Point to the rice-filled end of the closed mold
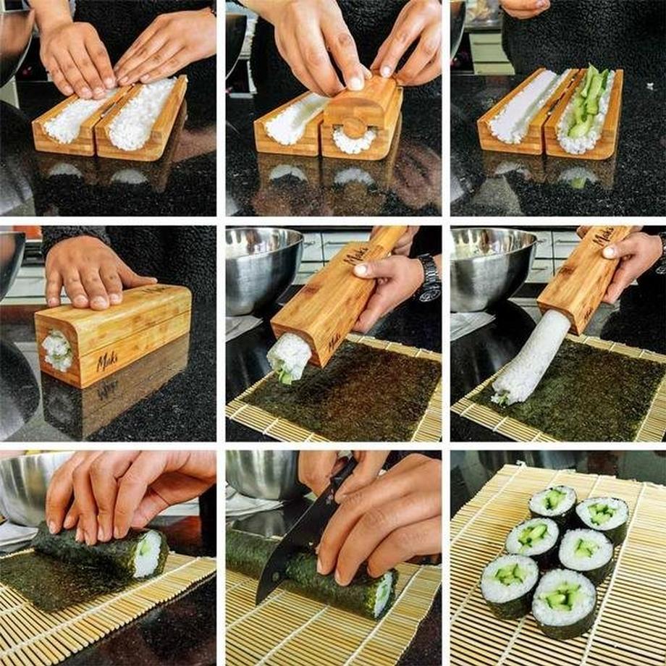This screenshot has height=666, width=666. point(56,351)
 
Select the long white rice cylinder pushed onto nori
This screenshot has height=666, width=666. point(532,358)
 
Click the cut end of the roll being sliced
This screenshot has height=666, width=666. point(383,594)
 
